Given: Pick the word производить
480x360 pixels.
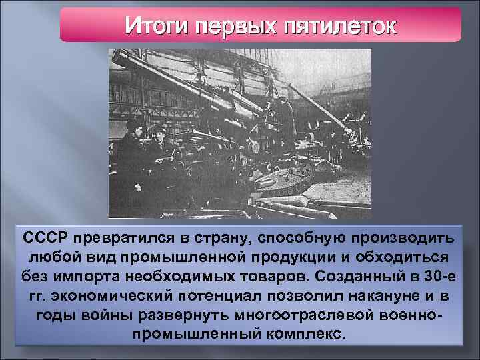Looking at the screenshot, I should pyautogui.click(x=407, y=238).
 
